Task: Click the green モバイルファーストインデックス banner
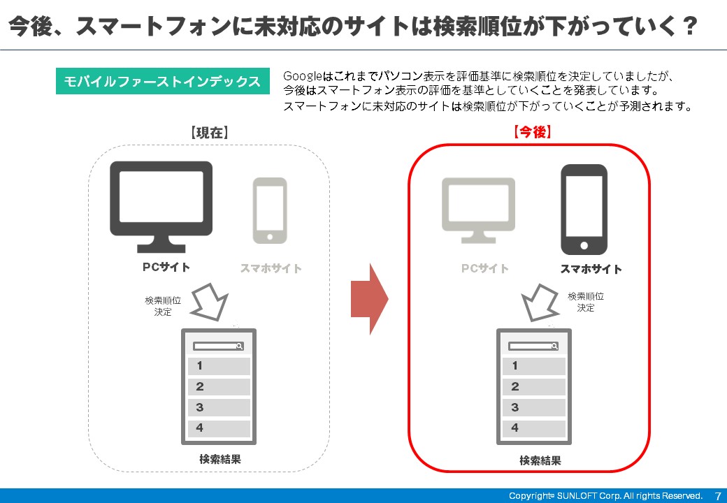pos(162,81)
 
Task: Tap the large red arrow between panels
pos(370,299)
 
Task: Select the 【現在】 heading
pos(209,133)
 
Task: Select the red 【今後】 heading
pos(532,132)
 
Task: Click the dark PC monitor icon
pos(161,207)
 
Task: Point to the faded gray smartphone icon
pos(270,211)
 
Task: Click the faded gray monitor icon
pos(478,210)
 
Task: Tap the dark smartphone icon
pos(584,210)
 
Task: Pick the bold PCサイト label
pos(166,268)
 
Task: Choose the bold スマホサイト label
pos(591,269)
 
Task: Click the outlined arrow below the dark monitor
pos(210,302)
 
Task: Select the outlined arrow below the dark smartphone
pos(540,302)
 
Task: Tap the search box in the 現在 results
pos(218,346)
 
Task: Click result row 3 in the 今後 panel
pos(533,407)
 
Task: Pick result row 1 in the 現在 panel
pos(219,366)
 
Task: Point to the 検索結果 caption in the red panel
pos(540,460)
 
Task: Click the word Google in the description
pos(302,76)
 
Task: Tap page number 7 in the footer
pos(718,496)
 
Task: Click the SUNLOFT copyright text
pos(605,495)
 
